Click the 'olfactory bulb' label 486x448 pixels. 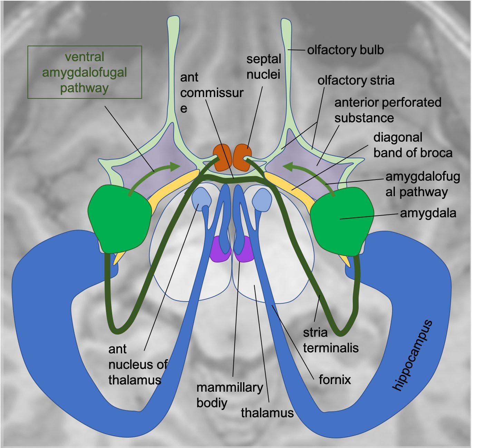[345, 50]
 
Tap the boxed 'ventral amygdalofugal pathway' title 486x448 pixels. [85, 72]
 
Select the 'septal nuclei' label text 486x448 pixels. [263, 67]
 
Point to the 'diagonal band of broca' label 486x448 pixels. [412, 145]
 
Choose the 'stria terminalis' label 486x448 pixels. [330, 340]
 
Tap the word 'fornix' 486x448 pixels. [334, 380]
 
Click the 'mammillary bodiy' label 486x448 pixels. [230, 395]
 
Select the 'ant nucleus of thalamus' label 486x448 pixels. [137, 364]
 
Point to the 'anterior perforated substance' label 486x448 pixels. [387, 110]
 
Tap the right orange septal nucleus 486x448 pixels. [242, 157]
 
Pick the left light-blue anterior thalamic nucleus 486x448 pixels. [201, 199]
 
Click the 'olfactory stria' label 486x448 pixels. [356, 80]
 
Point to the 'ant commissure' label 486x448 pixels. [211, 92]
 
